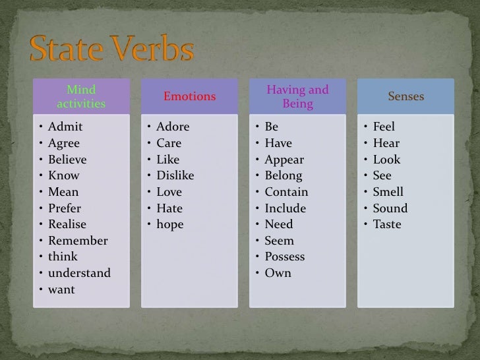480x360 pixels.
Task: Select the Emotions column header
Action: [x=189, y=96]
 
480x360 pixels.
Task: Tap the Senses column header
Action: [x=405, y=96]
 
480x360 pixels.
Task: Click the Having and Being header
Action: [x=297, y=96]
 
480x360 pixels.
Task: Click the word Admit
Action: [x=65, y=127]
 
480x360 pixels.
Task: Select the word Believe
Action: [x=67, y=160]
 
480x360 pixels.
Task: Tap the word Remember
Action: [x=78, y=241]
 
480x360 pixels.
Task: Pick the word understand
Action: [x=79, y=273]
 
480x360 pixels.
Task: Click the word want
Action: [x=61, y=289]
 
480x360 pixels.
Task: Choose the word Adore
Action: [x=173, y=127]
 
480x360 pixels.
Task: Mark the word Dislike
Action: [x=175, y=175]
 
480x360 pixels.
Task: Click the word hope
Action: [x=170, y=224]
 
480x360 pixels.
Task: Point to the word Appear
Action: [x=284, y=160]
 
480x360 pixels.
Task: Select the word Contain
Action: [x=286, y=192]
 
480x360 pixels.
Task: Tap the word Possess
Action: [x=285, y=256]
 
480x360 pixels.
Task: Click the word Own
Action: [x=278, y=273]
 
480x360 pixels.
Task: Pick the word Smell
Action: [x=388, y=192]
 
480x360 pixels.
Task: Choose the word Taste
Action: [x=387, y=224]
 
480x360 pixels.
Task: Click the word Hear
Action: [x=386, y=143]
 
